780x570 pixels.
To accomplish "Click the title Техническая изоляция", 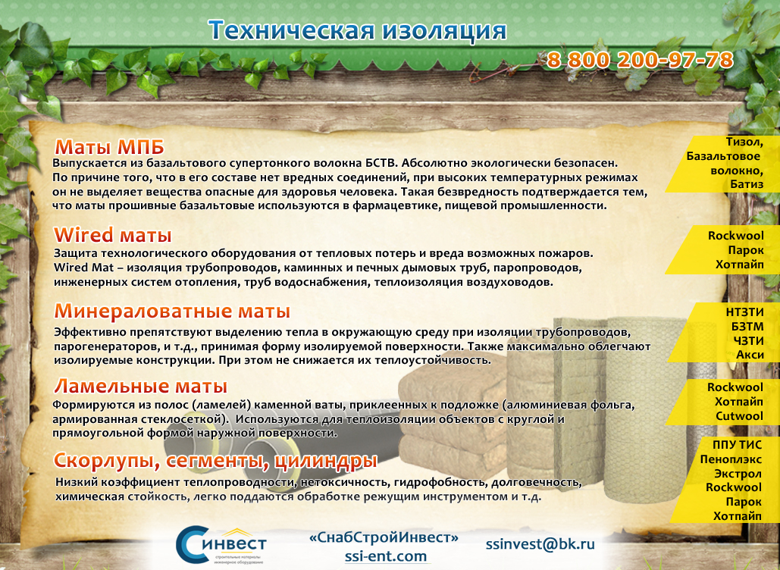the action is click(357, 30).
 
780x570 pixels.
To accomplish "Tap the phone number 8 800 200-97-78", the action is click(640, 60).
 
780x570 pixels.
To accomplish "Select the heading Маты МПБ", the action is click(109, 147).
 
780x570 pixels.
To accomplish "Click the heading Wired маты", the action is click(113, 235).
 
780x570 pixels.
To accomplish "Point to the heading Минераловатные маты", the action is click(172, 312).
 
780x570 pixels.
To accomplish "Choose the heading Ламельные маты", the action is click(141, 386).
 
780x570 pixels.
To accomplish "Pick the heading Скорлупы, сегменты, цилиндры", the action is click(215, 461).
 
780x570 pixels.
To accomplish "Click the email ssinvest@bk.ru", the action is click(540, 544).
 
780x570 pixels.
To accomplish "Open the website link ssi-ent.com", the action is click(386, 556).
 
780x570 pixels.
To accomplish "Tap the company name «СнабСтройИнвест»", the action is click(384, 537).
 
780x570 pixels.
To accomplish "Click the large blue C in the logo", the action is click(192, 544).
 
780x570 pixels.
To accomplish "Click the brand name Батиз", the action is click(747, 184).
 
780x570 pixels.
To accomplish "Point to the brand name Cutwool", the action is click(739, 416).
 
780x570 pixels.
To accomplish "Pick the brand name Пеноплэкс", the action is click(731, 459).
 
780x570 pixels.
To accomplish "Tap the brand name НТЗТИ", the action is click(744, 312).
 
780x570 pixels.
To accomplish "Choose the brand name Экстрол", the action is click(738, 474).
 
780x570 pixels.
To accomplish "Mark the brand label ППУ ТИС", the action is click(738, 445).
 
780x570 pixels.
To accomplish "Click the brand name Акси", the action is click(750, 355).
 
